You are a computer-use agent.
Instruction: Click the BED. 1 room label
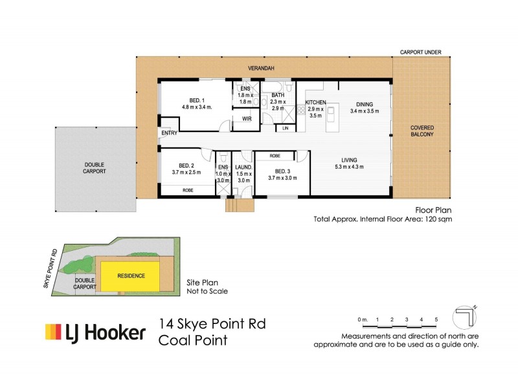(197, 100)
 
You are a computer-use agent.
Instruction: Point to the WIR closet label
(246, 119)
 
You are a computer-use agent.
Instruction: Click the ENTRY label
(170, 133)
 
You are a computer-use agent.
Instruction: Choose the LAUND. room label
(243, 167)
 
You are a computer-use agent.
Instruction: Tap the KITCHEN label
(315, 103)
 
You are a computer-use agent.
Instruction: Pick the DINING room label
(364, 103)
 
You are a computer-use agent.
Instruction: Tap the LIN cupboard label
(286, 129)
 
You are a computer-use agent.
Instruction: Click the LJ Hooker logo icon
(52, 332)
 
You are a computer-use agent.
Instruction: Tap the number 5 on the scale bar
(436, 319)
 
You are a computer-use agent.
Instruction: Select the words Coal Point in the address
(193, 340)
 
